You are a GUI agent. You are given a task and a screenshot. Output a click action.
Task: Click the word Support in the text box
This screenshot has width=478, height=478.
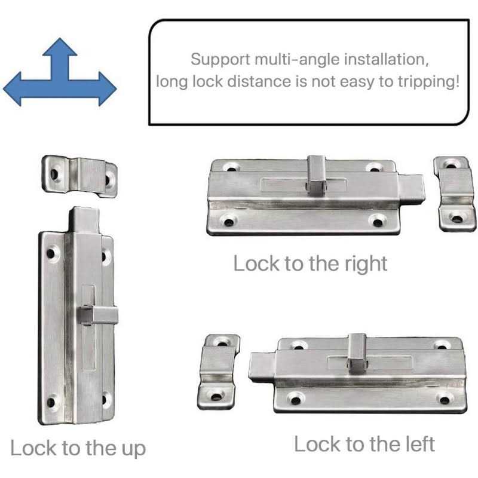pyautogui.click(x=217, y=60)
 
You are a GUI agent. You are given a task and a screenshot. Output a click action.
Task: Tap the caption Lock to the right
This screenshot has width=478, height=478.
pyautogui.click(x=310, y=263)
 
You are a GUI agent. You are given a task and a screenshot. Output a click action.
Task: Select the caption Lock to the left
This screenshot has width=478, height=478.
pyautogui.click(x=364, y=444)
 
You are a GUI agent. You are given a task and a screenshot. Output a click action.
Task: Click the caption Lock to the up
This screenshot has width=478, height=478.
pyautogui.click(x=78, y=448)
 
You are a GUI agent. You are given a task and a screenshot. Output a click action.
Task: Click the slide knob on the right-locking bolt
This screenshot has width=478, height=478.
pyautogui.click(x=316, y=174)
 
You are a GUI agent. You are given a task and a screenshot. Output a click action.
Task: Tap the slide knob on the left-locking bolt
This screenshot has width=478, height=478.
pyautogui.click(x=357, y=351)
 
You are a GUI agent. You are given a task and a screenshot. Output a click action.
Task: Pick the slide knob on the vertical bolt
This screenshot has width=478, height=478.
pyautogui.click(x=96, y=314)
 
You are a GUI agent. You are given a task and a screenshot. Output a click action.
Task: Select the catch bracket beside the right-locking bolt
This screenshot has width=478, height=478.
pyautogui.click(x=455, y=193)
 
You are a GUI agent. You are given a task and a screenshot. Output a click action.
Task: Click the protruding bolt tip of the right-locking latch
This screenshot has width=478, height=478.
pyautogui.click(x=412, y=188)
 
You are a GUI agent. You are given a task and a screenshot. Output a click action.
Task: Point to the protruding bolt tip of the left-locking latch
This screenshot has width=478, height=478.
pyautogui.click(x=261, y=367)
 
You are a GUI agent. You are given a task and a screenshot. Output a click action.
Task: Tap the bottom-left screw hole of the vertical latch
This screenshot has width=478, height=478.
pyautogui.click(x=51, y=402)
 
